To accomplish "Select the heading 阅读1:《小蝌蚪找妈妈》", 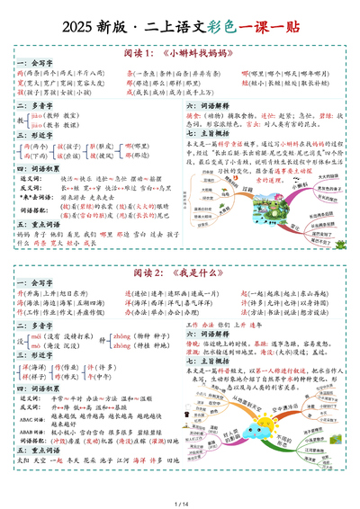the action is [x=180, y=50].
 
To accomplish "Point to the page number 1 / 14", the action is [x=180, y=500].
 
